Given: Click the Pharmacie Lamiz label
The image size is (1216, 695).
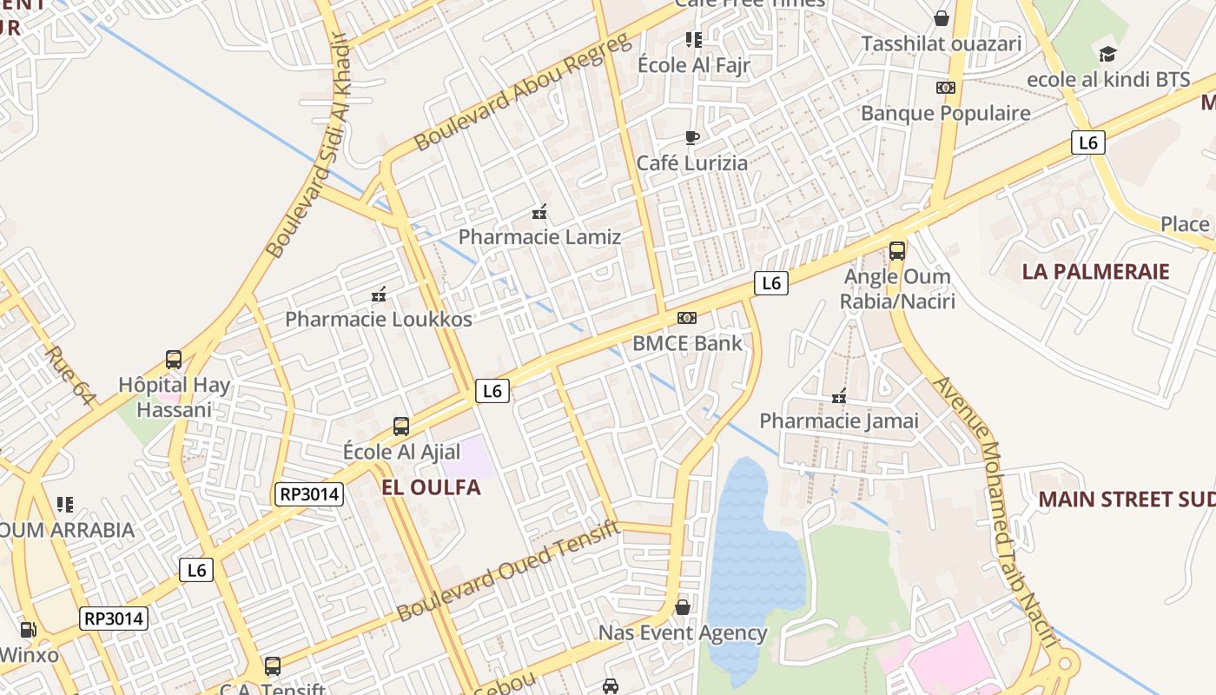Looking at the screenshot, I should point(539,236).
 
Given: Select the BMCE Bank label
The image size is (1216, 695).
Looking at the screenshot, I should point(687,343).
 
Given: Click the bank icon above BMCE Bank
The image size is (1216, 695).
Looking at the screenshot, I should point(687,318).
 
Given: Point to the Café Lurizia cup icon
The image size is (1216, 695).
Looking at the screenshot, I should point(692,137).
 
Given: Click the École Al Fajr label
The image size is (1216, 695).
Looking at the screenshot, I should point(693,65).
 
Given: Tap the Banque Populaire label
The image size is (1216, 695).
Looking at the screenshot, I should point(945,113).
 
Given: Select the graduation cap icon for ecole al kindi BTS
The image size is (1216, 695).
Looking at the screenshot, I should point(1107,55).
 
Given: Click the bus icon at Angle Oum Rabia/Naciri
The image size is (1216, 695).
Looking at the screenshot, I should point(897,251).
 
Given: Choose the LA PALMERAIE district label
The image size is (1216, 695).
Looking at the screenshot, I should point(1095,271).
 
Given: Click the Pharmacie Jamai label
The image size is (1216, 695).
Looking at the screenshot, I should point(839,421).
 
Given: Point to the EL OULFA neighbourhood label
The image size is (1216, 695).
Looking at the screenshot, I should point(431,487).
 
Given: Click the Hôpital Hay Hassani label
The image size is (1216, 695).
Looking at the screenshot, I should point(175,397).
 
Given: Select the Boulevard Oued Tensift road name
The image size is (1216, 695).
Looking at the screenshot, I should point(509,571).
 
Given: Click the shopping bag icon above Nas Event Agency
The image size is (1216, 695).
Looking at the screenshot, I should point(683,606).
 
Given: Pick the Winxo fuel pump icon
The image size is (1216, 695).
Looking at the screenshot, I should point(29,630).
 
